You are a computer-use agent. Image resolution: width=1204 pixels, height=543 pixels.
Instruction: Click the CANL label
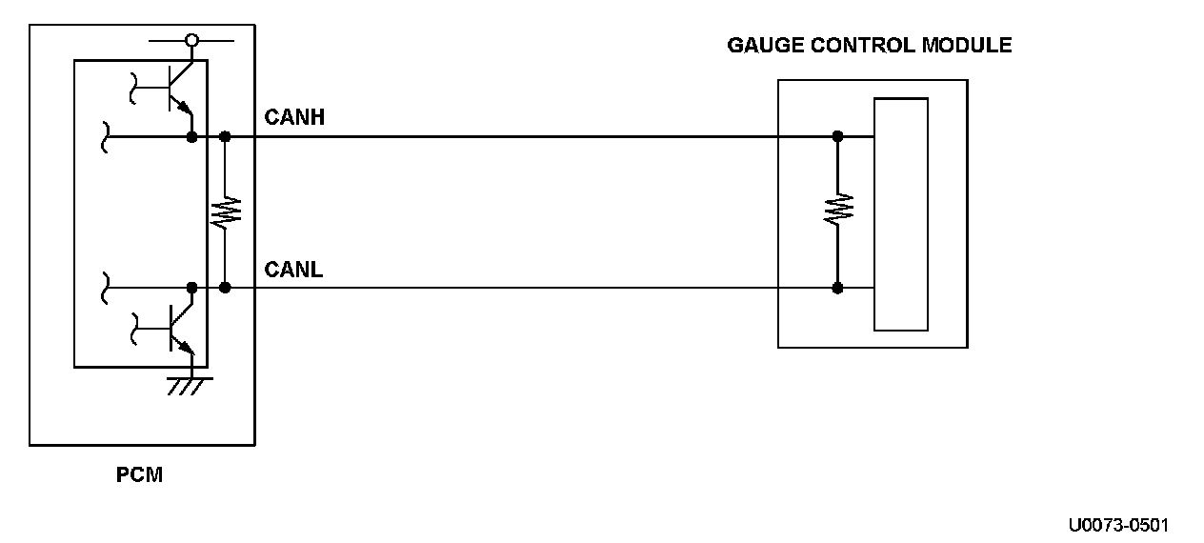click(x=293, y=270)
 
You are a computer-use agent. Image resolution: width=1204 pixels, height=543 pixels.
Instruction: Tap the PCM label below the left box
click(x=140, y=474)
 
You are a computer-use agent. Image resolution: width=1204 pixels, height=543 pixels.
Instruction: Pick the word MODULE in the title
click(x=968, y=45)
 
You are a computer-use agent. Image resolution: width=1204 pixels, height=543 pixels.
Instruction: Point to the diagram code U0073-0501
click(x=1118, y=525)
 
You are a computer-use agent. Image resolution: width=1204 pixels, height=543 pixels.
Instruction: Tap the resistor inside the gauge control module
click(x=837, y=208)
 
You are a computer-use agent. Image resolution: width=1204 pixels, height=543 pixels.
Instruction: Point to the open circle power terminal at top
click(x=191, y=40)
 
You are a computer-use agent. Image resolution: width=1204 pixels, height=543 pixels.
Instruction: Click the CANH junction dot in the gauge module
click(x=837, y=136)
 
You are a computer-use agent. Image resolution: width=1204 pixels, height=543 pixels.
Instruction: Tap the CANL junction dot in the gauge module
click(x=837, y=287)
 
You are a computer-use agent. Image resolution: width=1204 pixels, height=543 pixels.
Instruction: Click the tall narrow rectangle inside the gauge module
click(x=900, y=213)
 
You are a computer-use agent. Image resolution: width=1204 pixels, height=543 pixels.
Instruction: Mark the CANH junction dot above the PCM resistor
click(x=226, y=136)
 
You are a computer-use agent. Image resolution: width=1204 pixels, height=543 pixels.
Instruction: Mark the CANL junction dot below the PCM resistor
click(x=226, y=287)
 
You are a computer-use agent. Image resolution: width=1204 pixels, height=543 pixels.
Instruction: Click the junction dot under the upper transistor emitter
click(x=192, y=136)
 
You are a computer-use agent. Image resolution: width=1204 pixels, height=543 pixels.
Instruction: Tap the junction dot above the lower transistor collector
click(x=192, y=287)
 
